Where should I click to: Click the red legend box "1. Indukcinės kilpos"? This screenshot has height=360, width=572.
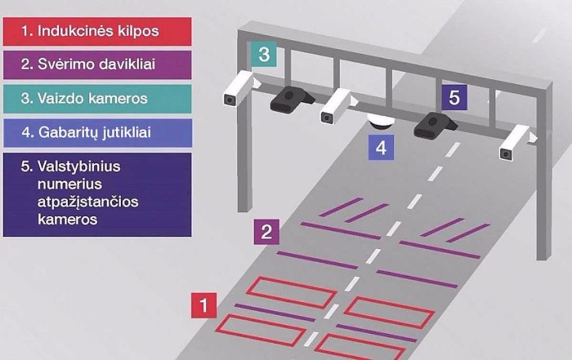(x=97, y=31)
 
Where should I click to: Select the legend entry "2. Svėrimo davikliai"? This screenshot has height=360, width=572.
(x=97, y=65)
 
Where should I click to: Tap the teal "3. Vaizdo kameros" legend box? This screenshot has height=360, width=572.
(x=97, y=98)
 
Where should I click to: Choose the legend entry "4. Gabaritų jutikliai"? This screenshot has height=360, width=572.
(x=97, y=132)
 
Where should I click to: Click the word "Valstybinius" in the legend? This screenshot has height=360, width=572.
(x=78, y=167)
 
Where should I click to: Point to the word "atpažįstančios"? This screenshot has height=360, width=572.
(x=88, y=202)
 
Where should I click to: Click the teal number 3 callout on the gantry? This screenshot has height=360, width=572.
(x=264, y=54)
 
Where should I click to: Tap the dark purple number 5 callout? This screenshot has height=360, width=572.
(x=454, y=97)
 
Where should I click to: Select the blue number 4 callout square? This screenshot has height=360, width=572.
(x=381, y=148)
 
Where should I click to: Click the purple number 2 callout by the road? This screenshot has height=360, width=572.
(x=266, y=232)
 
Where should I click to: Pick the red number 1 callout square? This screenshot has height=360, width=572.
(x=204, y=305)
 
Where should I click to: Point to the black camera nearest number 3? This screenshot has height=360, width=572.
(x=292, y=100)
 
